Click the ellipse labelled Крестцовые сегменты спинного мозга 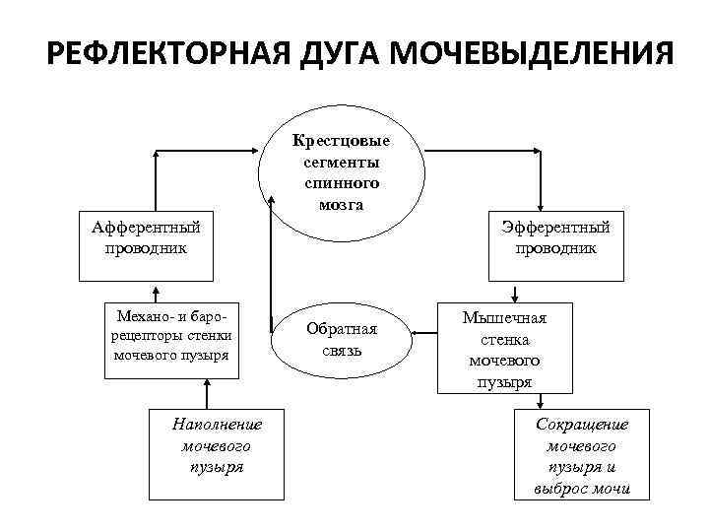click(341, 172)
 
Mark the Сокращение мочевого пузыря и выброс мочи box click(581, 454)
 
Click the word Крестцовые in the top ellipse click(341, 140)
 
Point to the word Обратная click(342, 328)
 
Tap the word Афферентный click(146, 228)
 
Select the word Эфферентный click(554, 228)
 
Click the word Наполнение click(217, 425)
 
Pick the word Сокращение click(581, 423)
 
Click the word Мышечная click(504, 318)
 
